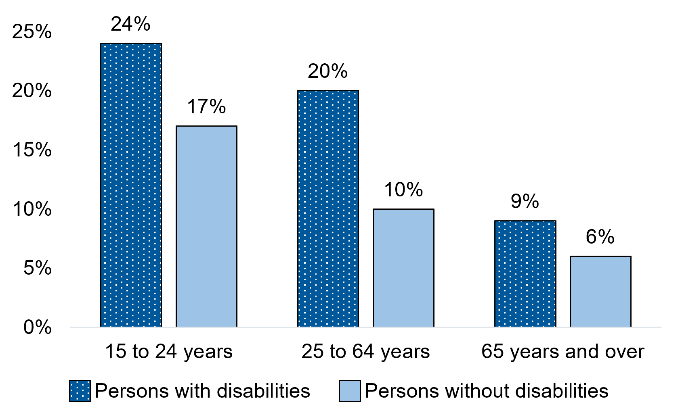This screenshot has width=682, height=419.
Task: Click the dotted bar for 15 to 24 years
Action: [131, 185]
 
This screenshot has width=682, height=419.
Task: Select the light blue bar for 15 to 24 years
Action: [206, 226]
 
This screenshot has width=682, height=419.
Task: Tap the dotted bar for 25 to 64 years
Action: [328, 208]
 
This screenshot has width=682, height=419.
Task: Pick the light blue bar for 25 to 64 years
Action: [403, 268]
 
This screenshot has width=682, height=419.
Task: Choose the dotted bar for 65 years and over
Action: [525, 273]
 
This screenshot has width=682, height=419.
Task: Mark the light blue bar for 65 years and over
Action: [600, 291]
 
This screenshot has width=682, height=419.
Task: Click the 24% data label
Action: [130, 24]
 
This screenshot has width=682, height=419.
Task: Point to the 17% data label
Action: [206, 107]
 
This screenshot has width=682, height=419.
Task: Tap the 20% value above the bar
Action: [327, 71]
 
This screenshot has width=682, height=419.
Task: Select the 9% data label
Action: [525, 201]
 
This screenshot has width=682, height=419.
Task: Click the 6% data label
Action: [600, 237]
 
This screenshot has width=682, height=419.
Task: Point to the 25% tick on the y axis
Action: [32, 31]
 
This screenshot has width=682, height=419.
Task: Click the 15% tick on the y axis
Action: [32, 150]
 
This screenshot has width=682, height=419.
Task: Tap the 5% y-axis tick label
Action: [38, 268]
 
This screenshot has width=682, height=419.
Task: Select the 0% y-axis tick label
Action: [38, 327]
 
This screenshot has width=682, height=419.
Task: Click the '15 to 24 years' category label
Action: [169, 351]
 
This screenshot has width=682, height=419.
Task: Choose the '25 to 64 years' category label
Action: [365, 351]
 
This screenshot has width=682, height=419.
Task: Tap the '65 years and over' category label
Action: [562, 351]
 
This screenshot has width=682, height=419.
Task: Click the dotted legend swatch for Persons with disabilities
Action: [80, 391]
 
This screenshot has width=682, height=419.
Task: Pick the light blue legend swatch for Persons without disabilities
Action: [350, 391]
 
